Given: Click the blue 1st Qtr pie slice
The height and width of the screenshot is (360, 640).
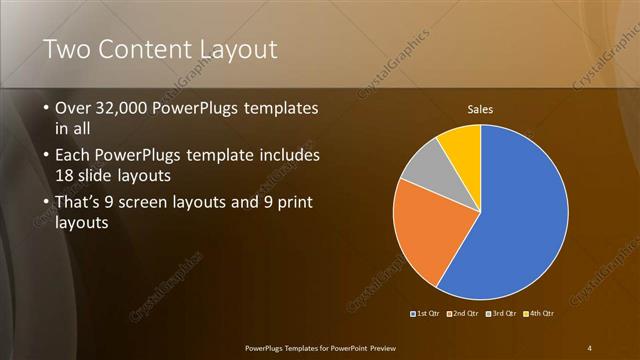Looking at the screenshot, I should pos(520,220).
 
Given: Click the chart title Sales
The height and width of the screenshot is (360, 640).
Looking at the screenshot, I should pos(481,109).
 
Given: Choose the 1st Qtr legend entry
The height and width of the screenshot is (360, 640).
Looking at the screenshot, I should pos(424,313).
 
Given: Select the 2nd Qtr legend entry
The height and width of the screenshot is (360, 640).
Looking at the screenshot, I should pos(461,313).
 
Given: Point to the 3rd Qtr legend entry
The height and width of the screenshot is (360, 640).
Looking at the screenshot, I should pos(499,313).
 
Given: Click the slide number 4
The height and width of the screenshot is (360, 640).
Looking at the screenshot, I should pos(589,347).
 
